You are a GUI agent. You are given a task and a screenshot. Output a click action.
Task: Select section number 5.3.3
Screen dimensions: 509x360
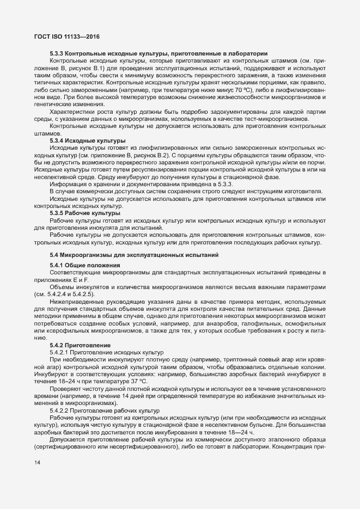(x=58, y=53)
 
